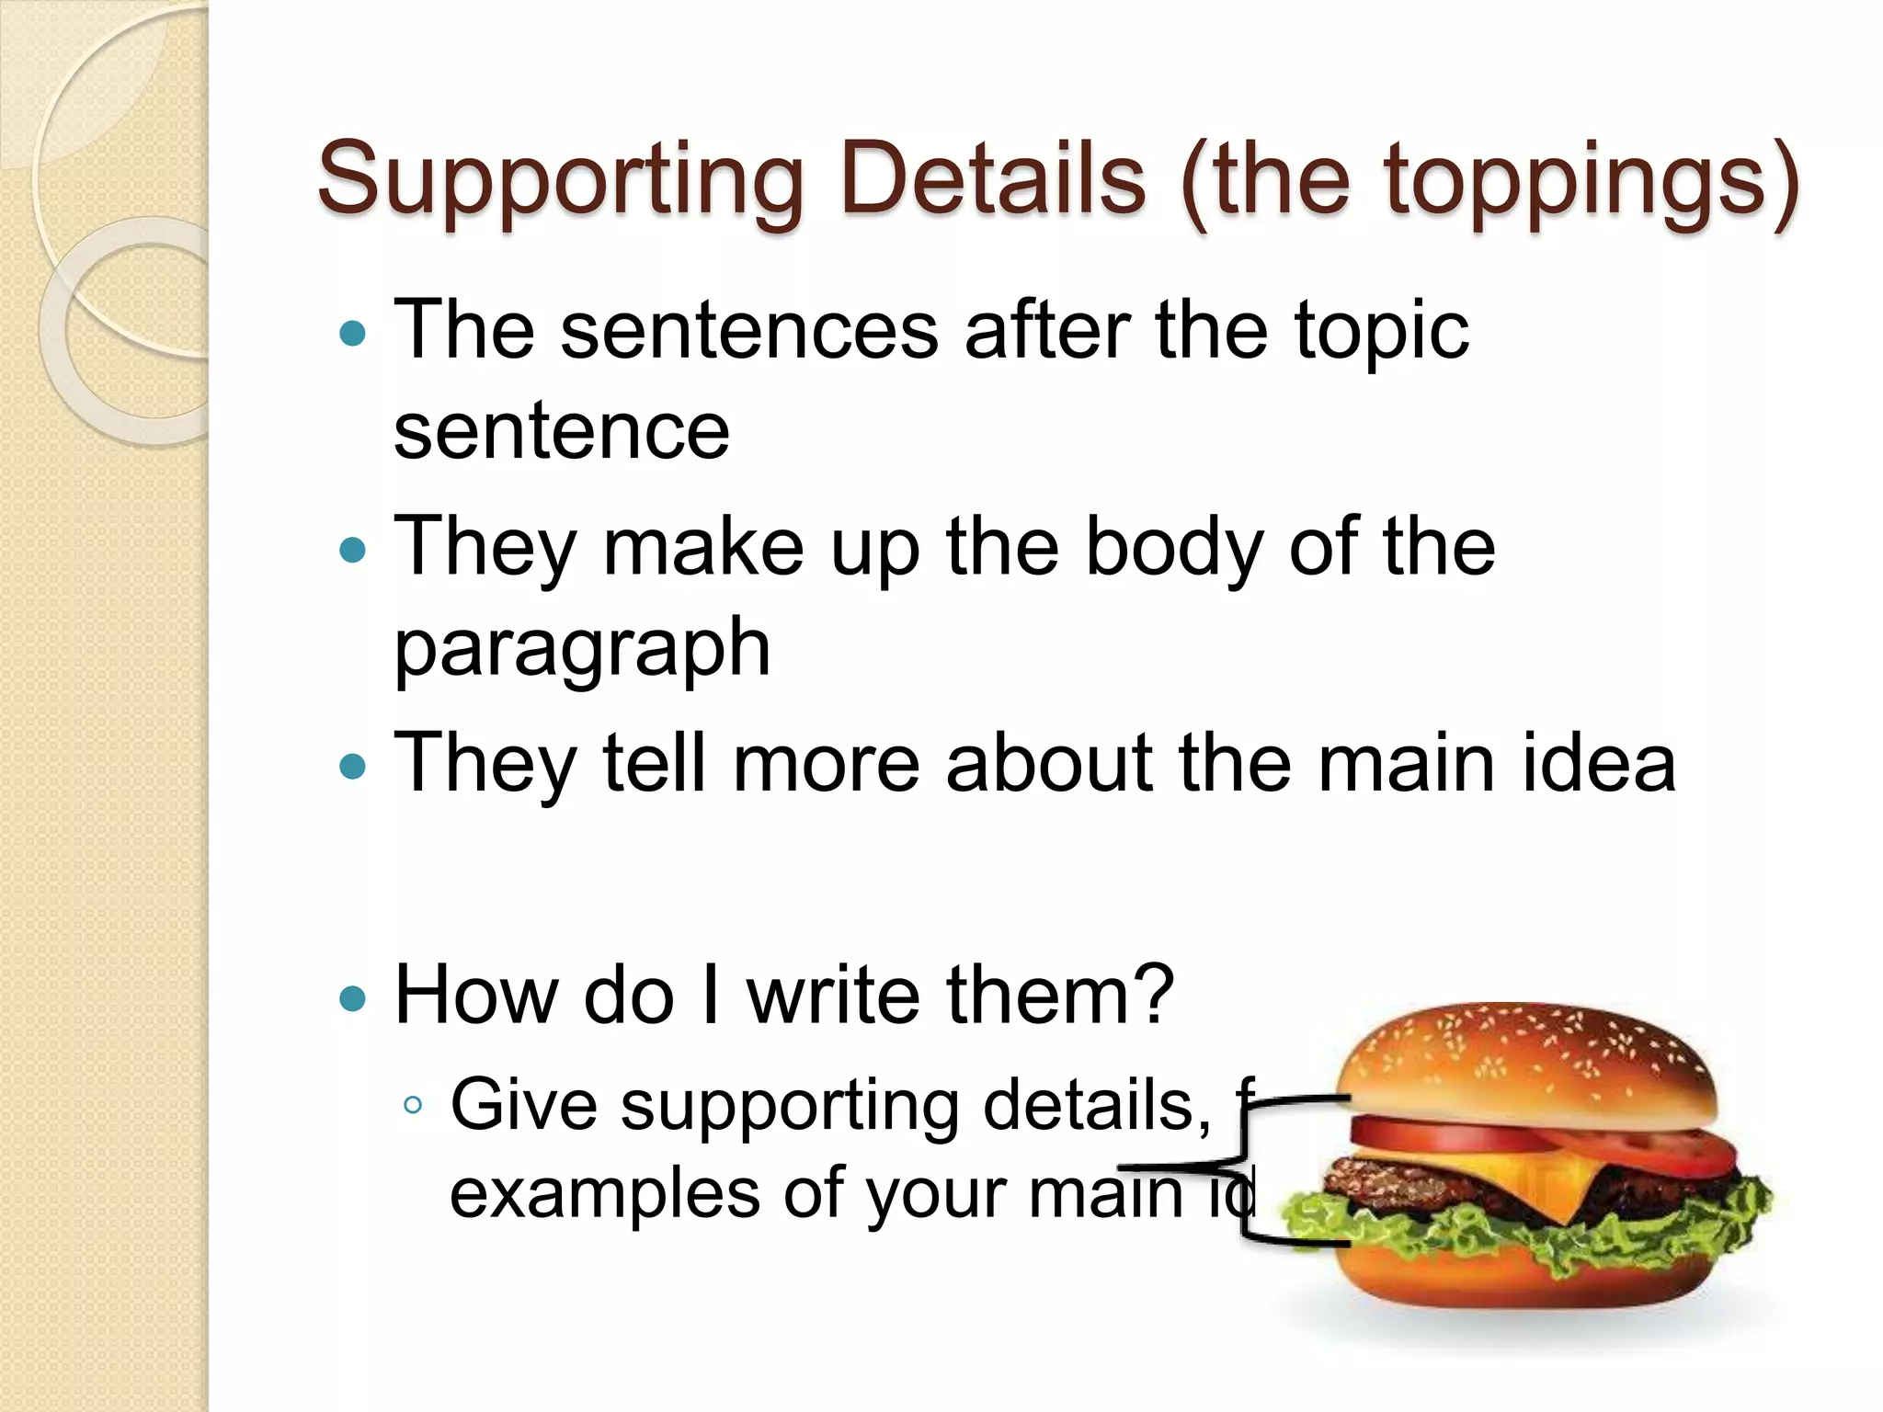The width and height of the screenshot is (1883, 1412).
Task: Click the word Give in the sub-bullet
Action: pos(524,1105)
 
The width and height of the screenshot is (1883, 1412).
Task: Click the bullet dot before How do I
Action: pos(352,998)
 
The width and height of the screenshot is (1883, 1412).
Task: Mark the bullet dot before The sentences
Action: pos(352,333)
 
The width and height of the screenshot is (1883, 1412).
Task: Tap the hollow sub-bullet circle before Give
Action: pos(413,1106)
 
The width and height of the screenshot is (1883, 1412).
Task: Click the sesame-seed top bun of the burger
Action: pos(1526,1057)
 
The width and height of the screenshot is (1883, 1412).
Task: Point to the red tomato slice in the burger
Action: pos(1453,1133)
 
